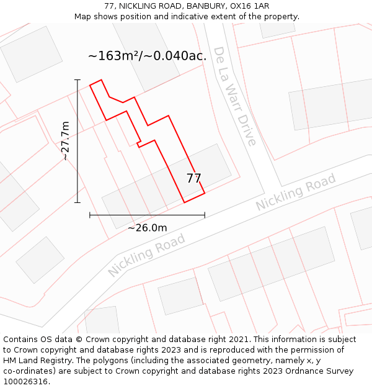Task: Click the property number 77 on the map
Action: pos(194,178)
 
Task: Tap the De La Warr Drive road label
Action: pos(234,96)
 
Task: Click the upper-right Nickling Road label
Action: pos(296,192)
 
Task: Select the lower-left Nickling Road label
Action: pos(147,255)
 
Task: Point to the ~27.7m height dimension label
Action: pos(65,141)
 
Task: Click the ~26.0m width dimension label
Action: pos(147,228)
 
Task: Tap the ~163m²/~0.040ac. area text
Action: pos(147,56)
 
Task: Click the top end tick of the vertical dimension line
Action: pos(77,79)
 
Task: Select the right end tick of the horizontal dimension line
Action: pos(205,215)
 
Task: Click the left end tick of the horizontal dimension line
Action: pos(90,215)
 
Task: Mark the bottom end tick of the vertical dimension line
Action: pos(77,202)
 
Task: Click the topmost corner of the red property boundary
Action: pos(100,79)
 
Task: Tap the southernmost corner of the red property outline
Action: pos(184,202)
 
